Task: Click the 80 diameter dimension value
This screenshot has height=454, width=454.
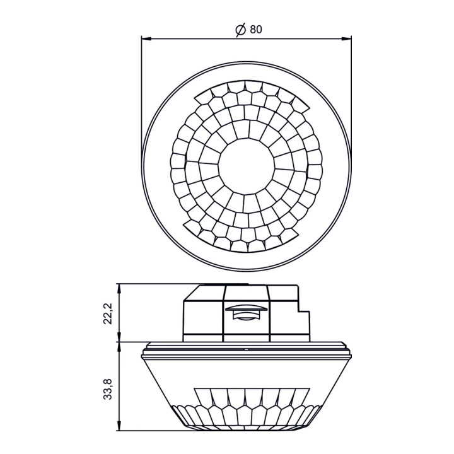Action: [x=256, y=29]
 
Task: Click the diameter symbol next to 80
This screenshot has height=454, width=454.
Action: [x=241, y=29]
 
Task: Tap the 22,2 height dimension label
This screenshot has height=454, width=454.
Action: [x=108, y=315]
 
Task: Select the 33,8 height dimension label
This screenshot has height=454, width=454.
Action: [x=108, y=390]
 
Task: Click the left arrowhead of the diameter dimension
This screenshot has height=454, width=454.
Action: [x=147, y=38]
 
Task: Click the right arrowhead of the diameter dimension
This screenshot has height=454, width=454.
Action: [x=346, y=38]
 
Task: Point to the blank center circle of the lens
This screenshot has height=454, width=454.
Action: [x=247, y=166]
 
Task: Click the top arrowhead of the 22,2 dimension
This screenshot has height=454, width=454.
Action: [x=119, y=289]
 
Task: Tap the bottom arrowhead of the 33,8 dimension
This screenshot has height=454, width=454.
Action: [x=119, y=426]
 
